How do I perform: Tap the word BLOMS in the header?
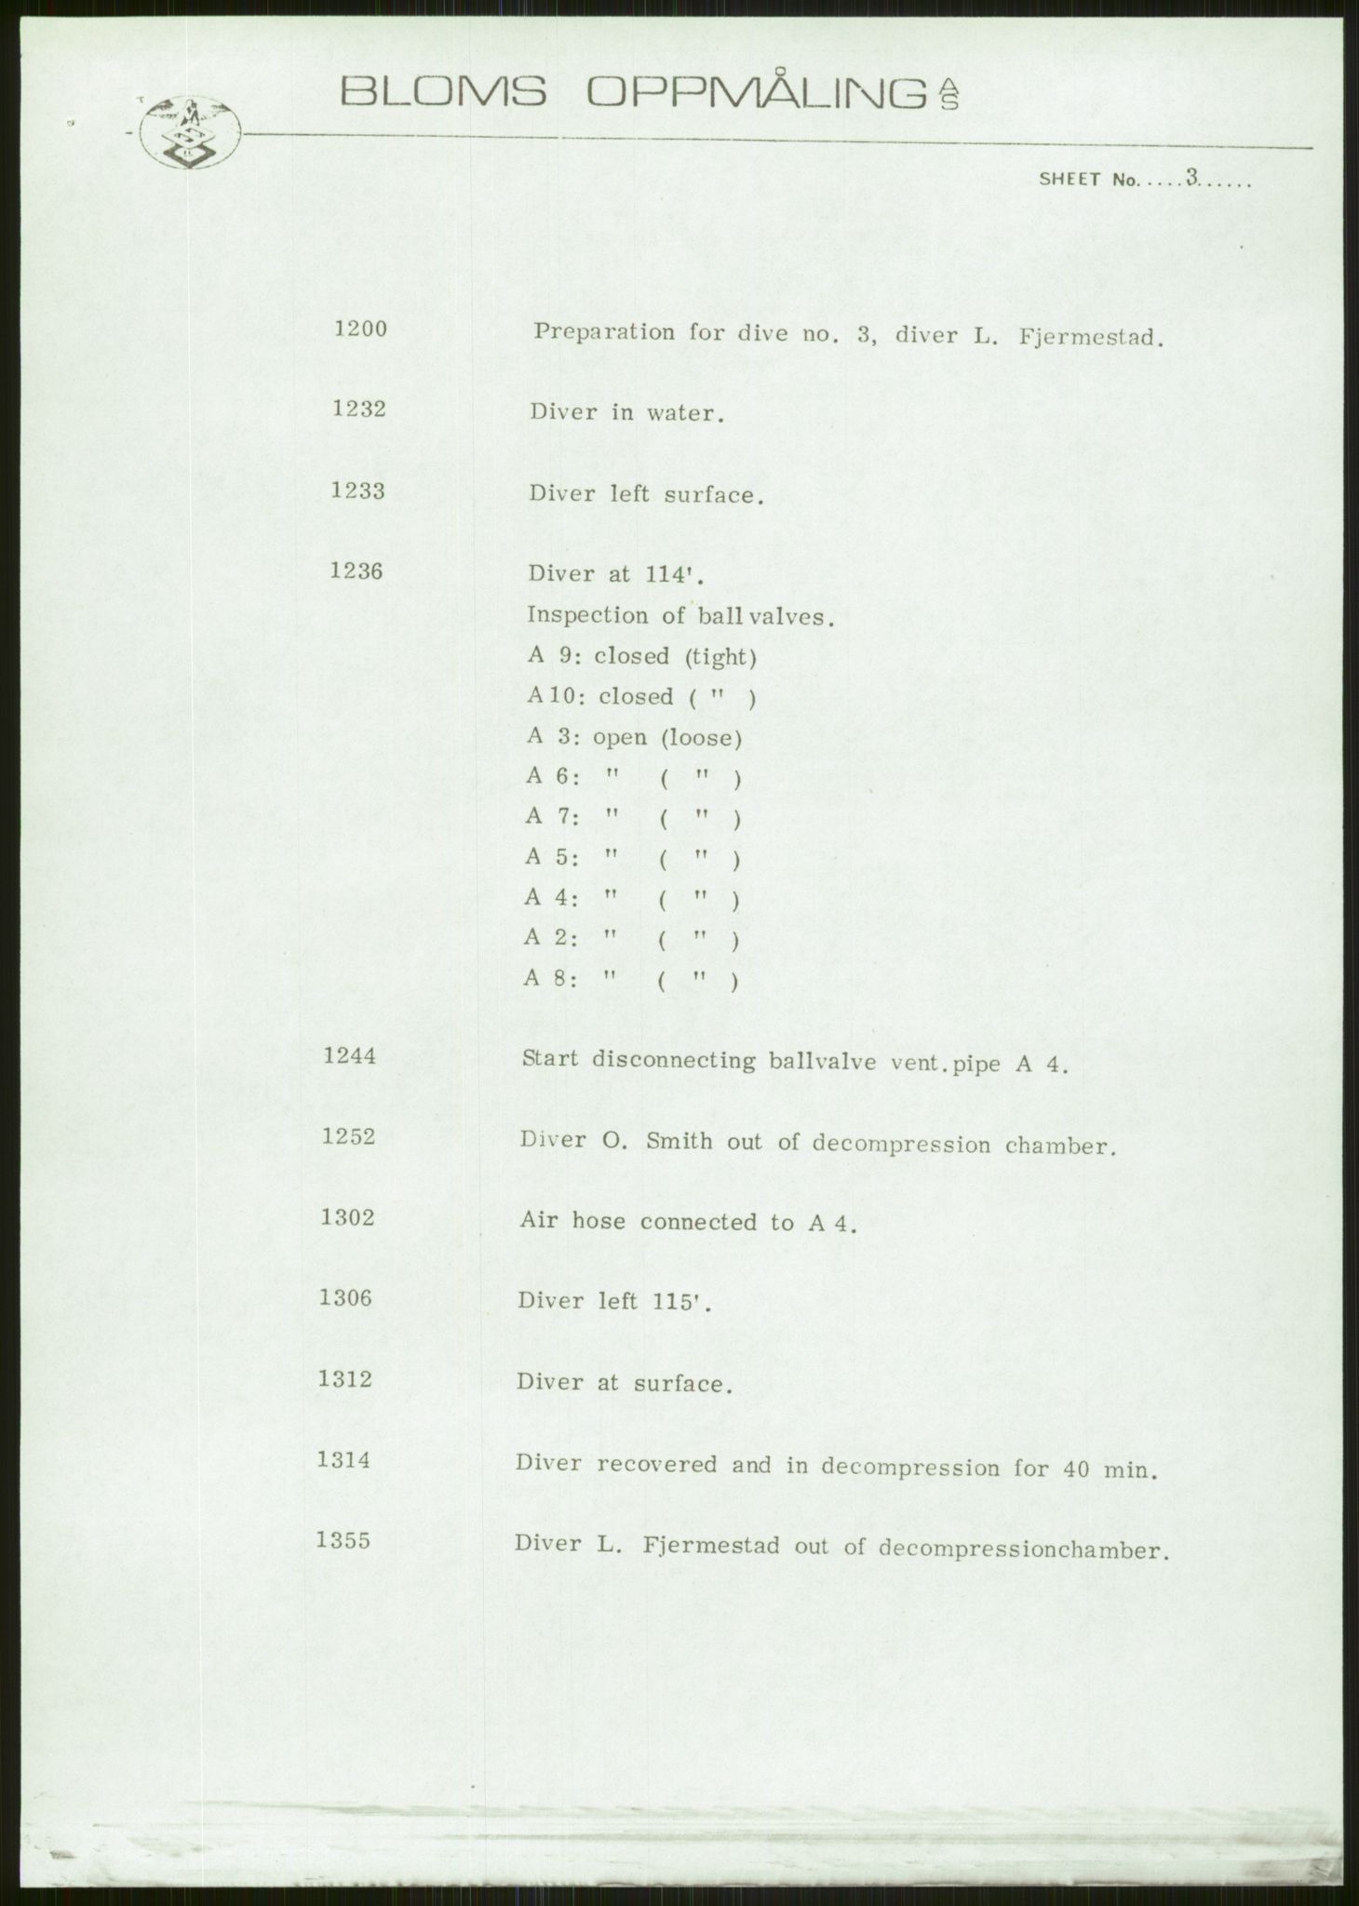pyautogui.click(x=443, y=92)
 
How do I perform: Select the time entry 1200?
pyautogui.click(x=360, y=329)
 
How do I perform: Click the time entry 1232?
pyautogui.click(x=359, y=409)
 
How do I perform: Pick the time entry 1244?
pyautogui.click(x=349, y=1055)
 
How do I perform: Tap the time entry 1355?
pyautogui.click(x=343, y=1540)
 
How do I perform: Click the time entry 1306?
pyautogui.click(x=346, y=1298)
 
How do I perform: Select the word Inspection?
pyautogui.click(x=587, y=615)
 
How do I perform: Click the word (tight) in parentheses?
pyautogui.click(x=720, y=657)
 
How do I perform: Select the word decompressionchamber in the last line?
pyautogui.click(x=1021, y=1550)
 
